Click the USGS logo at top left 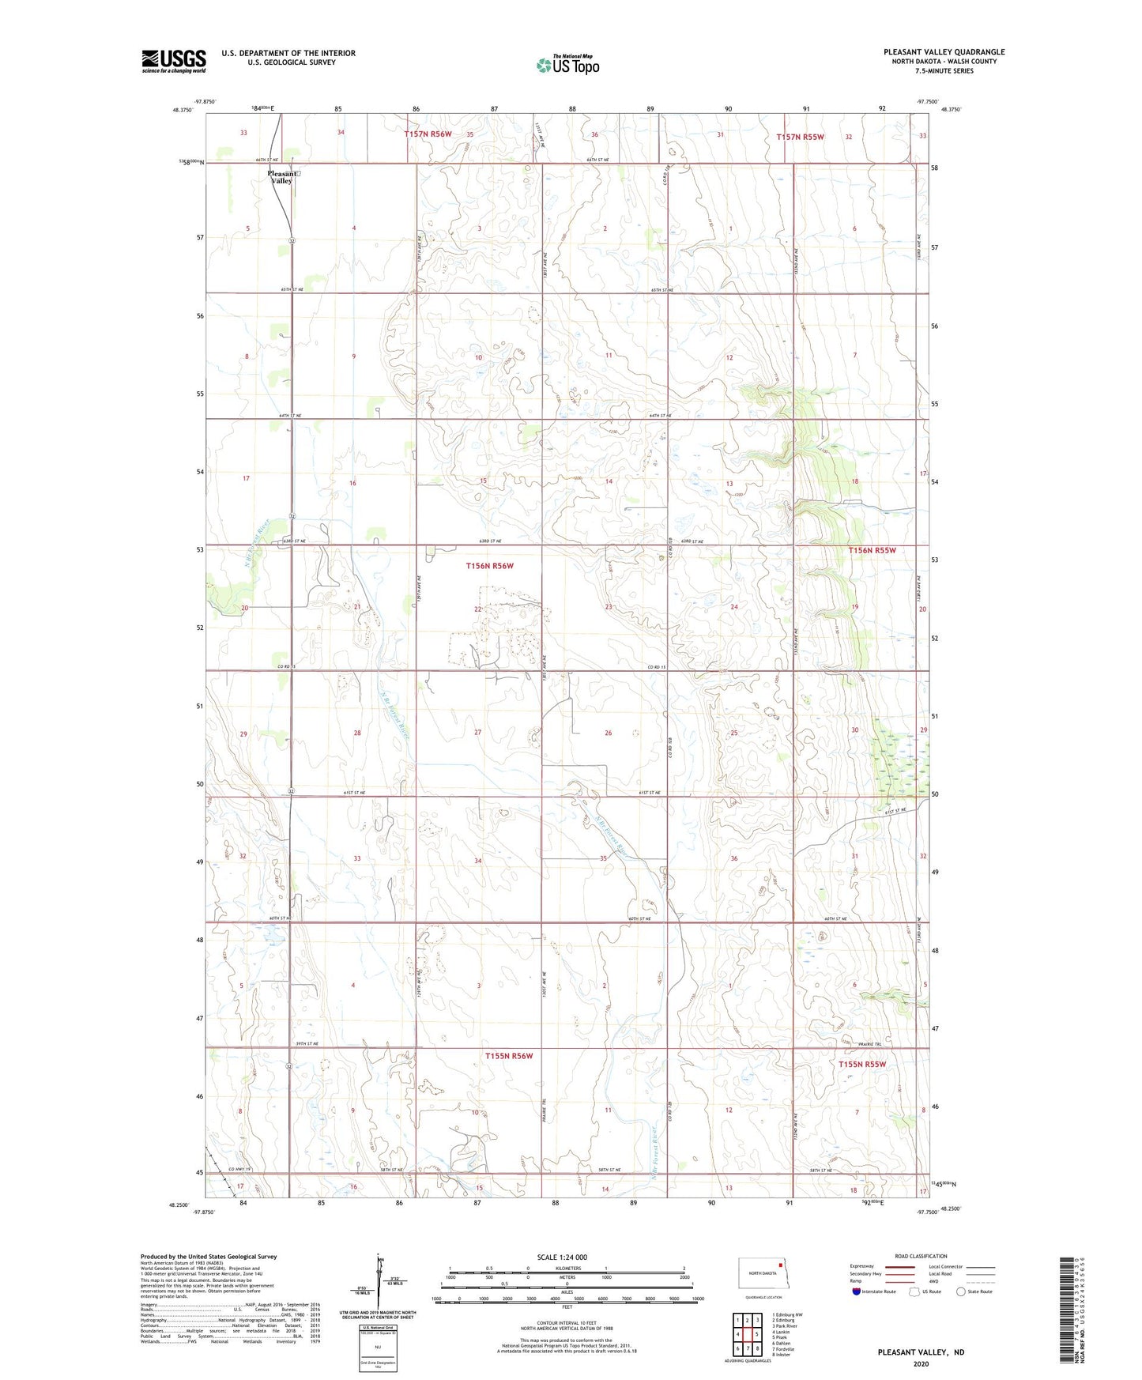click(x=173, y=61)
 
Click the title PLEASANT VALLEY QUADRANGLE click(x=944, y=52)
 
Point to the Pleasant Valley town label click(x=282, y=176)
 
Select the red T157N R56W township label click(x=428, y=134)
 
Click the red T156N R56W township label click(x=489, y=566)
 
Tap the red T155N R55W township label click(x=861, y=1064)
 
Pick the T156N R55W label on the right click(x=872, y=550)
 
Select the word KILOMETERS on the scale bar click(x=566, y=1268)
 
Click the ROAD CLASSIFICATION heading click(x=921, y=1256)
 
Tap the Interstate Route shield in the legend click(x=857, y=1291)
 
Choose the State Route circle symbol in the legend click(x=961, y=1291)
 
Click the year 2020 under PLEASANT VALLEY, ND click(x=921, y=1363)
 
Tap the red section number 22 click(x=478, y=609)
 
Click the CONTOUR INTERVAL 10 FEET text click(x=566, y=1323)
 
